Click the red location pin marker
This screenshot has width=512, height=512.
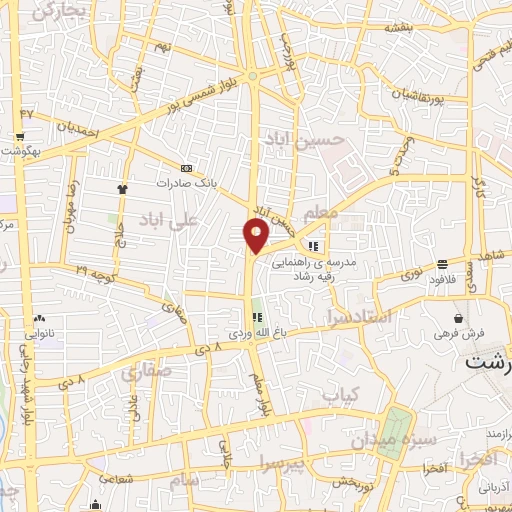point(257,235)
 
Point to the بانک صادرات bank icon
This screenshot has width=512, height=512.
point(186,168)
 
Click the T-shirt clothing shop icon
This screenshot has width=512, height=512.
point(122,187)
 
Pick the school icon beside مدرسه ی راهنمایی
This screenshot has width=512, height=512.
point(313,246)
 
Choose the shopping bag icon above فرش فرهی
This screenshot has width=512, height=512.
point(457,318)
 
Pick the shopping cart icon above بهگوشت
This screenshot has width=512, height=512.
point(19,137)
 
